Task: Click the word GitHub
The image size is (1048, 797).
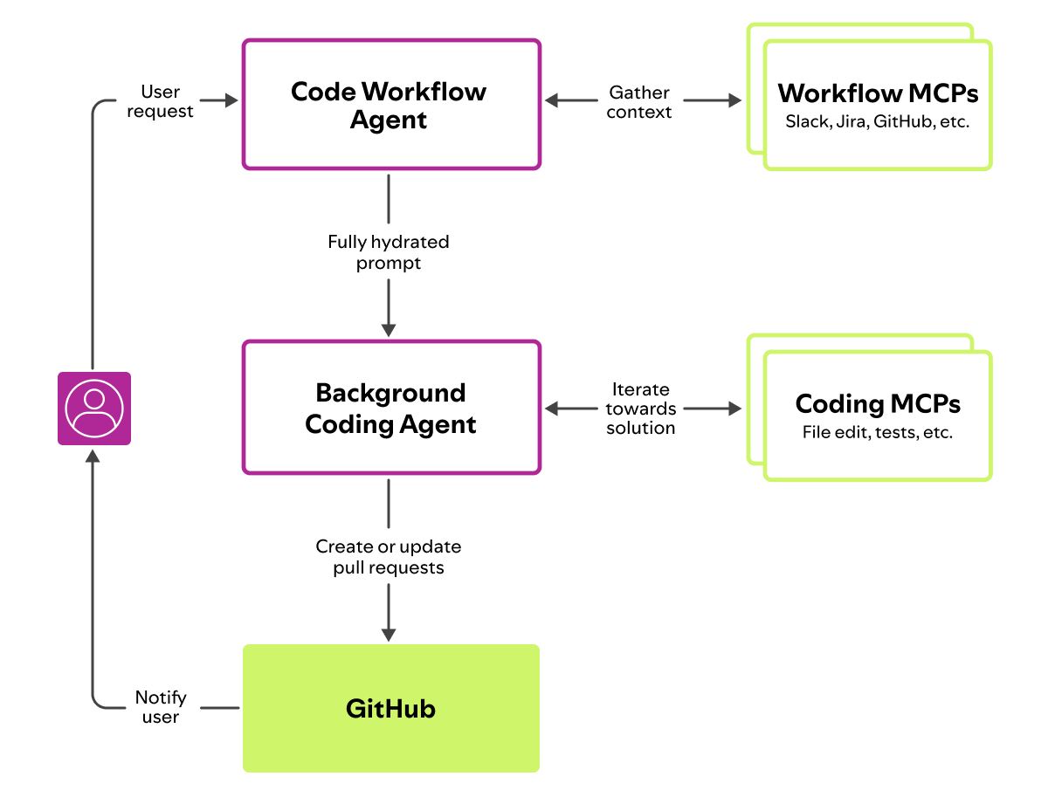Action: [x=390, y=708]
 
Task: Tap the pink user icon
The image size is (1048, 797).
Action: [x=94, y=409]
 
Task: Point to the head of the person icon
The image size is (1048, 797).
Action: [x=94, y=399]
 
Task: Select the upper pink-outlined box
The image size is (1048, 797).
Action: [x=391, y=104]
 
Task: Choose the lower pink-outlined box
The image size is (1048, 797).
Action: [x=391, y=408]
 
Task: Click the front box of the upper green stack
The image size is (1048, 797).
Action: [x=878, y=105]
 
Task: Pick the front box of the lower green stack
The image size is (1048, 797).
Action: [x=878, y=416]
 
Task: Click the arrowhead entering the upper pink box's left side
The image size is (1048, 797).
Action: [x=231, y=100]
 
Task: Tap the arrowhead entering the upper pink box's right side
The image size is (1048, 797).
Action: [x=552, y=100]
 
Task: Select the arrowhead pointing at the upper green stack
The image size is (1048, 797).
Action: [x=734, y=100]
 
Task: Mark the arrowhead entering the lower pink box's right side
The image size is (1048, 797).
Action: [x=552, y=408]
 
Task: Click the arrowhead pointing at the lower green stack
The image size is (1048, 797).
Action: [x=734, y=408]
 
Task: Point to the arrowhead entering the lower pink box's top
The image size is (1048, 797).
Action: [x=389, y=330]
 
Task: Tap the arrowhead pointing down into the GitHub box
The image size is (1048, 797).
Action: [x=389, y=635]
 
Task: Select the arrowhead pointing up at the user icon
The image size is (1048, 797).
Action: [x=93, y=455]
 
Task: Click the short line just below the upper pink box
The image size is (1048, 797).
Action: [x=389, y=199]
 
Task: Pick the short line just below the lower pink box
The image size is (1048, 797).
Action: [x=389, y=504]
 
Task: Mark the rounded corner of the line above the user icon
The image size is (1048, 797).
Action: [x=98, y=105]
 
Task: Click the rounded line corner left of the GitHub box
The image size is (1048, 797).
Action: [x=98, y=703]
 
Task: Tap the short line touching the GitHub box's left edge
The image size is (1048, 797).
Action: [x=220, y=708]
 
